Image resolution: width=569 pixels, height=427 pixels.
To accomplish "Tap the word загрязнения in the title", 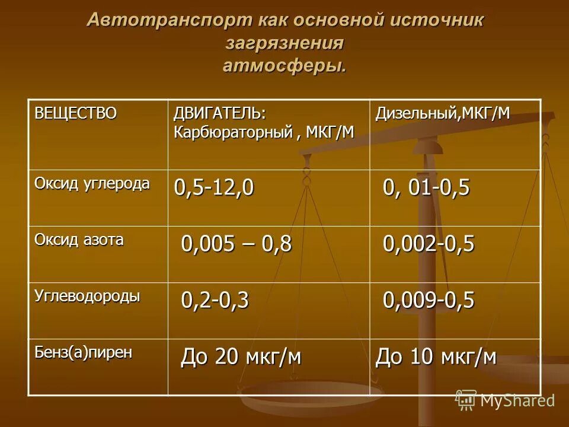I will [x=285, y=43].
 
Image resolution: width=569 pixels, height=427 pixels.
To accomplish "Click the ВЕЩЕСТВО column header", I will [x=75, y=112].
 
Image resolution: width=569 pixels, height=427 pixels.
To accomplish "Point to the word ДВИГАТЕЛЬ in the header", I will [x=218, y=113].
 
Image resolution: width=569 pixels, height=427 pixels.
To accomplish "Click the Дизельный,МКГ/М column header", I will [x=442, y=113].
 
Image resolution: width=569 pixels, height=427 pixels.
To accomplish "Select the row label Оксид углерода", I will [x=92, y=183].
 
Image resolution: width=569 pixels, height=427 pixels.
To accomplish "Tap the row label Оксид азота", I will [x=79, y=239].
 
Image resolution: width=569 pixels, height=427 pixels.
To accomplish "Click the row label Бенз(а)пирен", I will [x=83, y=352].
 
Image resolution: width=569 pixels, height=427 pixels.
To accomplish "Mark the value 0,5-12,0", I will [x=213, y=187].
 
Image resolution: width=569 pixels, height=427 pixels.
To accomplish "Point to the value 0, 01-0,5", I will [x=426, y=187].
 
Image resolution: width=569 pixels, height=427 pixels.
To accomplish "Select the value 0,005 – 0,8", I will [x=236, y=244].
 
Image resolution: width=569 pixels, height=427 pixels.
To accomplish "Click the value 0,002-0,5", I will [x=429, y=244].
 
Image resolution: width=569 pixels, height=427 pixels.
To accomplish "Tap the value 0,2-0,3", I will [x=215, y=301].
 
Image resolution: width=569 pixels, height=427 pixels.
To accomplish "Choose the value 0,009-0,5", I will [x=429, y=301].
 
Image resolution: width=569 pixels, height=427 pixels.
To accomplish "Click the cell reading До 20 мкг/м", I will [x=241, y=357].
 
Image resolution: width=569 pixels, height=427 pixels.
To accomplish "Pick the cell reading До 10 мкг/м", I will [x=436, y=357].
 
